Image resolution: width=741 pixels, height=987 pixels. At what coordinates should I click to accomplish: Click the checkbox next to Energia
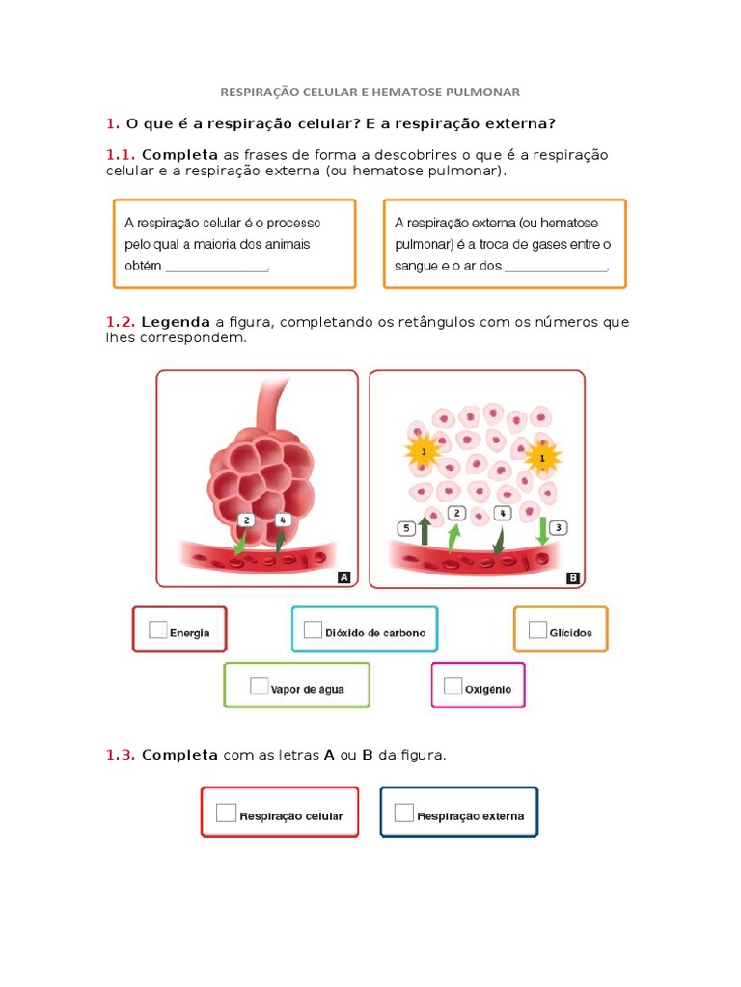[158, 630]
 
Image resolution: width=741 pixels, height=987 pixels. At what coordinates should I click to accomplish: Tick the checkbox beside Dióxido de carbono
[313, 629]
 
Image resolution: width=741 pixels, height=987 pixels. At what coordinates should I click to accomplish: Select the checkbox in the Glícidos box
[537, 629]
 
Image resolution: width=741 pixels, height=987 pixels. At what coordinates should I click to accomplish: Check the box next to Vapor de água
[259, 685]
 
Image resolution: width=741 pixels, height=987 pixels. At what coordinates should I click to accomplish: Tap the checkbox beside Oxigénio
[453, 685]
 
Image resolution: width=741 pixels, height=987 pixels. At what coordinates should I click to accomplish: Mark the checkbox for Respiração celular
[226, 813]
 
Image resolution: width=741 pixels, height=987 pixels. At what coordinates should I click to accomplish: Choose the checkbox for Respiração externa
[404, 813]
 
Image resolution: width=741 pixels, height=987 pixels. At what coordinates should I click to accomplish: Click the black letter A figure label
[343, 577]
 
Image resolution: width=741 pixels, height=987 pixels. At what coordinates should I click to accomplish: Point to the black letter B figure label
[572, 577]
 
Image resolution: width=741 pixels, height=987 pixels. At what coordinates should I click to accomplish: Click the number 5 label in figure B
[406, 528]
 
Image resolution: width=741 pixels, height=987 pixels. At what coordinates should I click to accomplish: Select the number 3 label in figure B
[559, 527]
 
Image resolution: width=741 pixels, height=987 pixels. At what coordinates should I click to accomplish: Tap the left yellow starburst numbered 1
[423, 450]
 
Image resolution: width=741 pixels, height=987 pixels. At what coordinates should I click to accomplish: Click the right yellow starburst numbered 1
[542, 458]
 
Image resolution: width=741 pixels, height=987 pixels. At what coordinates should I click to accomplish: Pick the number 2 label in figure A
[248, 520]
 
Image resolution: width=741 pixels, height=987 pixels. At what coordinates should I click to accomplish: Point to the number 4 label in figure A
[283, 520]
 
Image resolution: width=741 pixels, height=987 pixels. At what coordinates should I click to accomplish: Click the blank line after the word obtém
[217, 269]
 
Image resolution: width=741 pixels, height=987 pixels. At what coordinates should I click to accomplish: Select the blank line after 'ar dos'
[556, 269]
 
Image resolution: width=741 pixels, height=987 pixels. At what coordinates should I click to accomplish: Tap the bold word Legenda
[176, 322]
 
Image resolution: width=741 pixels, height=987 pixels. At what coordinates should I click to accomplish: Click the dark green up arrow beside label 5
[424, 531]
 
